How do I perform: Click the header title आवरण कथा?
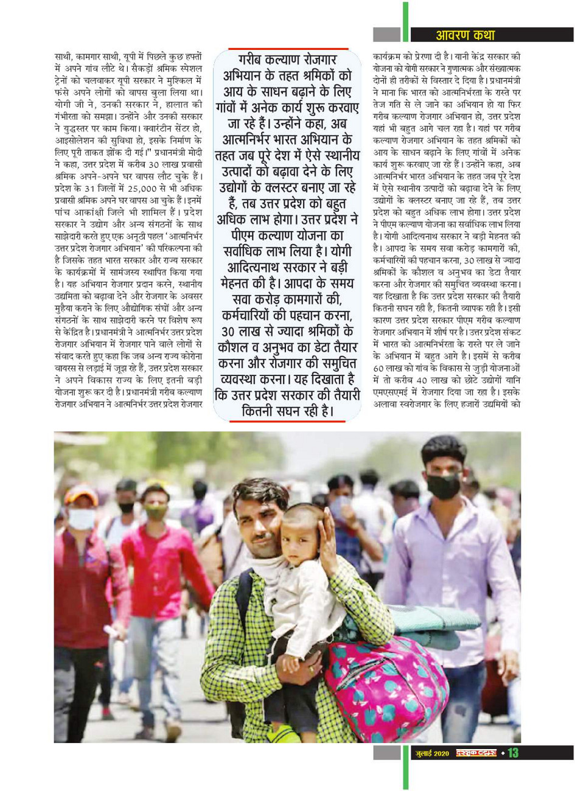point(465,35)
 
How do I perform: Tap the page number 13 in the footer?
point(513,753)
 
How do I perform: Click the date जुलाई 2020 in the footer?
point(432,754)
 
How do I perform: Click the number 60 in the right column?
point(380,369)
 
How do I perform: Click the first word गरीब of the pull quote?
point(254,61)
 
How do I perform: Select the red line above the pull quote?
point(288,49)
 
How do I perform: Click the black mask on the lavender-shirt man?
point(444,486)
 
